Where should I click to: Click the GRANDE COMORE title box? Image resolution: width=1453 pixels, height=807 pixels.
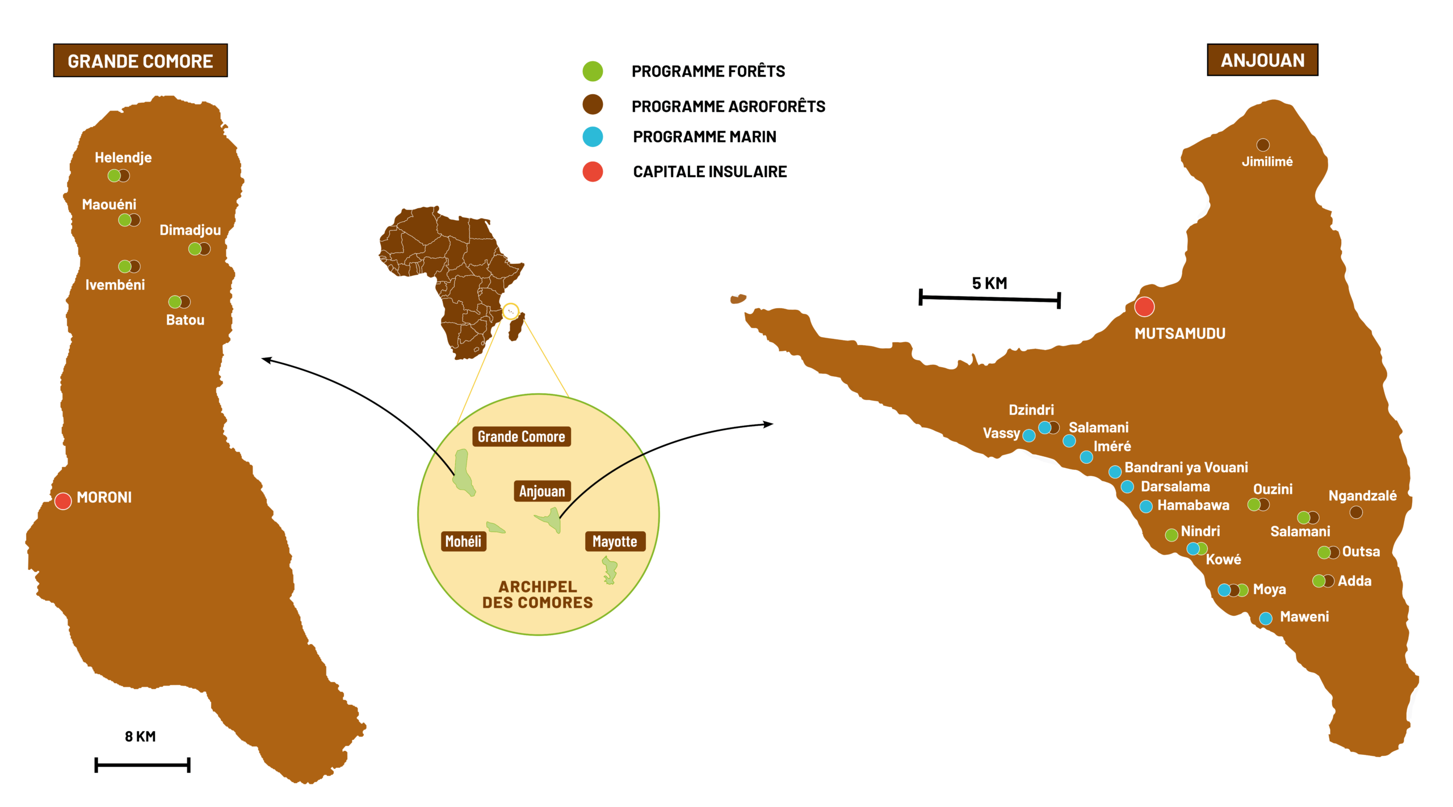pos(140,61)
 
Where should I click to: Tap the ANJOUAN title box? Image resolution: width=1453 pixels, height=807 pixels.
pos(1262,60)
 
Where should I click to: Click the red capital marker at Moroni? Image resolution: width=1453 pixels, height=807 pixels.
pos(63,501)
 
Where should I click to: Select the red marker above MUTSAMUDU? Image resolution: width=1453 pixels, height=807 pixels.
pos(1144,306)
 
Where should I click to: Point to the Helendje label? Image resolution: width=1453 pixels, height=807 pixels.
pos(123,157)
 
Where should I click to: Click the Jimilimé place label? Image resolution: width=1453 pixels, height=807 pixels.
pos(1267,162)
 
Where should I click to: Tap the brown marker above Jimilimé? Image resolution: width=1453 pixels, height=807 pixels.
pos(1263,145)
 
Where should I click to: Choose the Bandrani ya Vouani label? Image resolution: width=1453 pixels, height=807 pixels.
pos(1186,467)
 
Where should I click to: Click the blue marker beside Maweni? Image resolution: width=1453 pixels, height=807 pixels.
pos(1266,619)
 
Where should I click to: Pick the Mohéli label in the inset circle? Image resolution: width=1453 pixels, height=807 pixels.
pos(463,541)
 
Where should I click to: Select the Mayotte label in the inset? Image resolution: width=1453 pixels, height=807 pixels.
pos(615,541)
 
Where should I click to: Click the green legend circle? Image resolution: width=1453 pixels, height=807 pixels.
pos(593,71)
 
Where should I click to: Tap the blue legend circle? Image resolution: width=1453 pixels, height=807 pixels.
pos(593,137)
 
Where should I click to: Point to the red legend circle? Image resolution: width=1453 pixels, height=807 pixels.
pos(593,171)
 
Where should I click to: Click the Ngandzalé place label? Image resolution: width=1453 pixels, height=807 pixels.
pos(1362,495)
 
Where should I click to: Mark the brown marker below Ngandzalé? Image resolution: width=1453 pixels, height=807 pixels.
pos(1356,512)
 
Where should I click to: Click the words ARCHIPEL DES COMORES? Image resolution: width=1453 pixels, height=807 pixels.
pos(537,594)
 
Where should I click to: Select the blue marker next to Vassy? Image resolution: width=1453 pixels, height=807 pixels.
pos(1028,435)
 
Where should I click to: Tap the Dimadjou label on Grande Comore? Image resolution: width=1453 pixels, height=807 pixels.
pos(190,230)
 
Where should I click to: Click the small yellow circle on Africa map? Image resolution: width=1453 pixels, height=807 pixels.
pos(511,311)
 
